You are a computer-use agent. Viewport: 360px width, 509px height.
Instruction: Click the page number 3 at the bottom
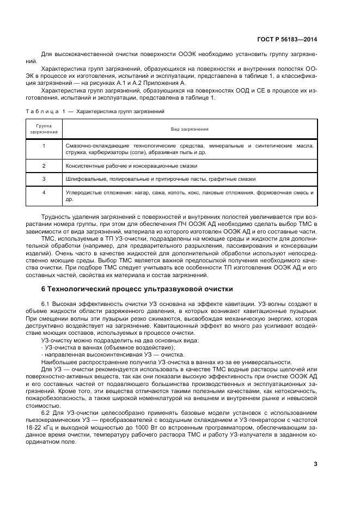tap(315, 464)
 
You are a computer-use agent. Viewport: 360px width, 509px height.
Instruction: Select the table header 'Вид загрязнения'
tap(190, 130)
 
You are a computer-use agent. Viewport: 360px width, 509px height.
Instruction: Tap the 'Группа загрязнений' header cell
tap(44, 130)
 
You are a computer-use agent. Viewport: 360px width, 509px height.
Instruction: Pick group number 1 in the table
tap(44, 146)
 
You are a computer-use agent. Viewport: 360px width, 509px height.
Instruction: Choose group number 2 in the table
tap(44, 165)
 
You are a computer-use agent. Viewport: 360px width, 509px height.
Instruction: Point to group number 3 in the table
tap(44, 178)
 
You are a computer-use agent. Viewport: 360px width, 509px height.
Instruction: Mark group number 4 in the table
tap(44, 192)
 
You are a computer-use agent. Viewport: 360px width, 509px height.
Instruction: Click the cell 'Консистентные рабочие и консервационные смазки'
tap(131, 165)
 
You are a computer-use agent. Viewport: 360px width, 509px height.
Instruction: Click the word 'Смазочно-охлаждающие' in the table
tap(92, 146)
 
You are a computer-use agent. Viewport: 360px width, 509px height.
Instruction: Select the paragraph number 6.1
tap(46, 302)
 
